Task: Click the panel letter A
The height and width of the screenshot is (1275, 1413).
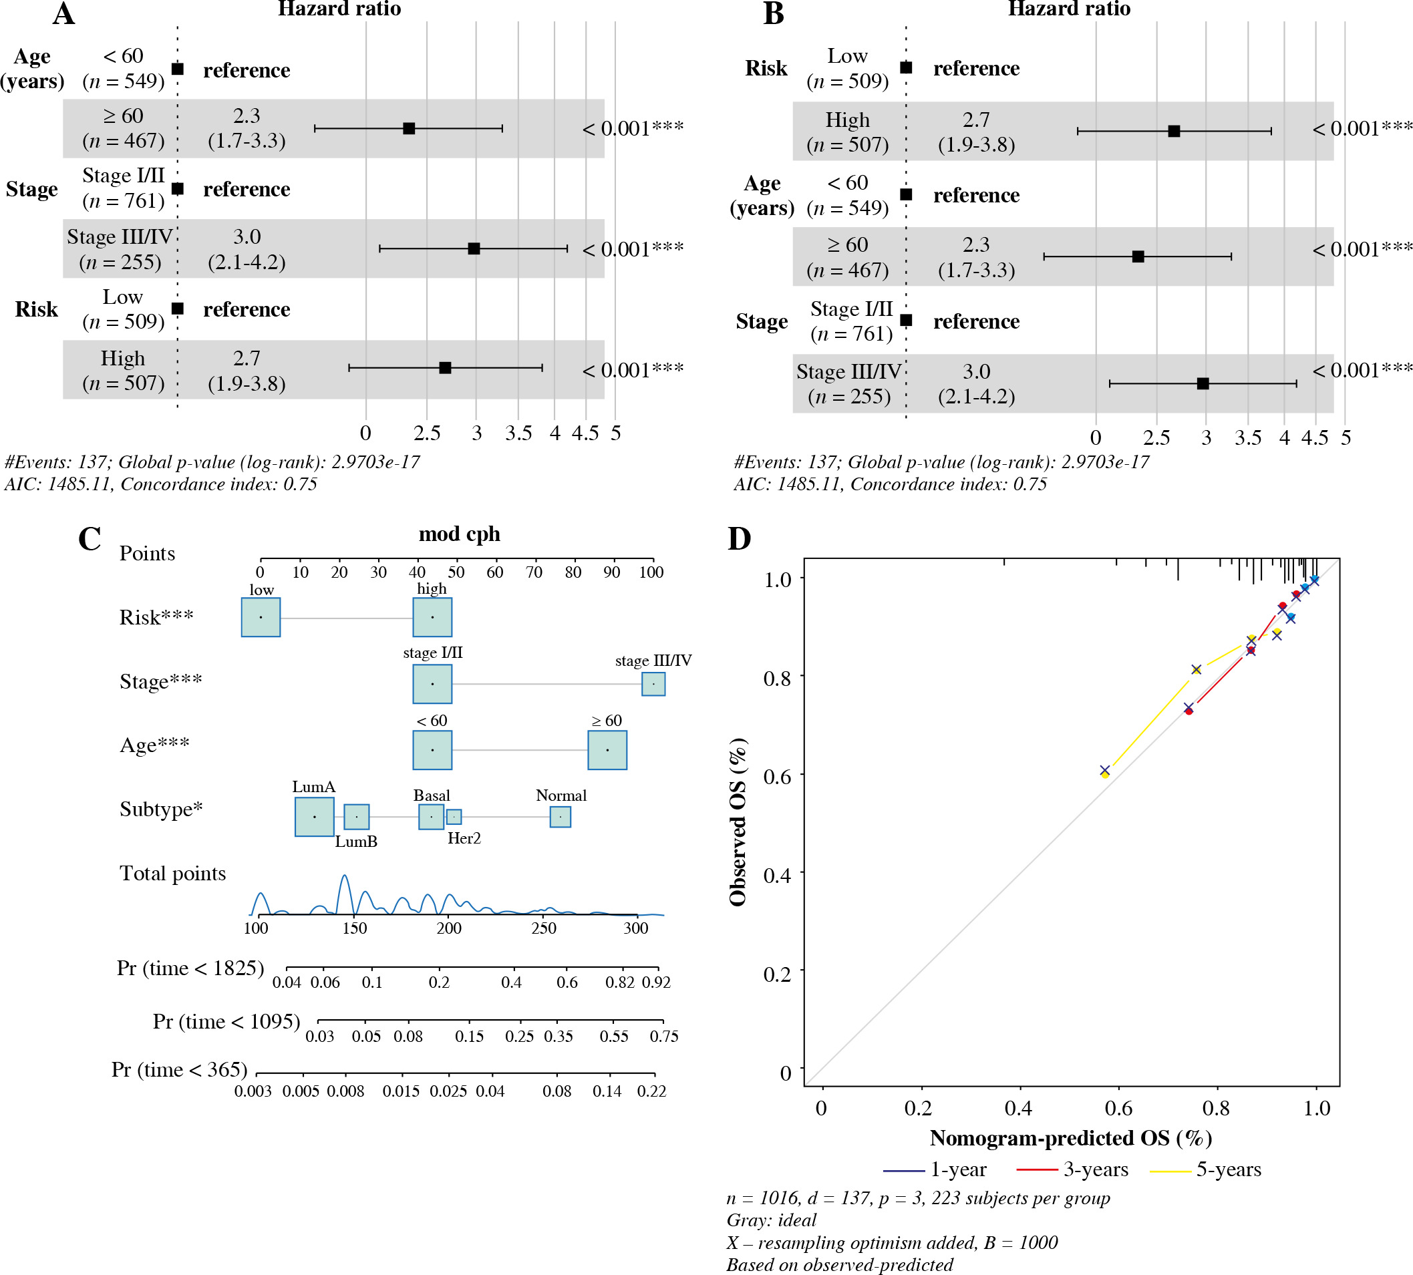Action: tap(63, 14)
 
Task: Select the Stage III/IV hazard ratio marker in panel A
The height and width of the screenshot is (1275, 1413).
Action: tap(474, 248)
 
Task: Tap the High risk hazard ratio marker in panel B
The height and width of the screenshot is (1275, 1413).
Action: tap(1174, 131)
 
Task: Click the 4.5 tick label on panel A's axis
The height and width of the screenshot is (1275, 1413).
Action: tap(585, 433)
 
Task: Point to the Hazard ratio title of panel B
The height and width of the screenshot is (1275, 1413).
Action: tap(1069, 9)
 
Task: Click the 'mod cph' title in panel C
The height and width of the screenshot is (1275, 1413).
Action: tap(459, 534)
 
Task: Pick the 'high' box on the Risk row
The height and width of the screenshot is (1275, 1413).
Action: tap(432, 617)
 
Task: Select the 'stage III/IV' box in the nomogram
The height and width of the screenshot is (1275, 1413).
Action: tap(653, 684)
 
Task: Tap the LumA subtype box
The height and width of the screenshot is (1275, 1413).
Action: tap(314, 817)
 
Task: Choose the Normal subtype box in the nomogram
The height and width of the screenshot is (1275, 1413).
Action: tap(560, 817)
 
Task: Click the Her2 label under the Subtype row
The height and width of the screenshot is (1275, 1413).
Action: tap(464, 839)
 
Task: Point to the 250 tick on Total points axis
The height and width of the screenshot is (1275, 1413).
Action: tap(543, 928)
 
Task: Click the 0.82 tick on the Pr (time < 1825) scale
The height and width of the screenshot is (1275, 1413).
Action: tap(619, 982)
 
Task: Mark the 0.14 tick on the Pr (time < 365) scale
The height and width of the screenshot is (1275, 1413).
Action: tap(607, 1091)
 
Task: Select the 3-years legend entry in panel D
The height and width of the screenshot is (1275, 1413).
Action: tap(1072, 1169)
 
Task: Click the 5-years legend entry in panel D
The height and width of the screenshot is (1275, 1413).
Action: tap(1205, 1169)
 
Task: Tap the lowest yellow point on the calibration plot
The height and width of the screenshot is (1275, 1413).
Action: tap(1104, 774)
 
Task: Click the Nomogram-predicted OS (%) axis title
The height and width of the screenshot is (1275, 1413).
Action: tap(1070, 1138)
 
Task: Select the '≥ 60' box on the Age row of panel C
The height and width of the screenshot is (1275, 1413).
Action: tap(607, 749)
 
